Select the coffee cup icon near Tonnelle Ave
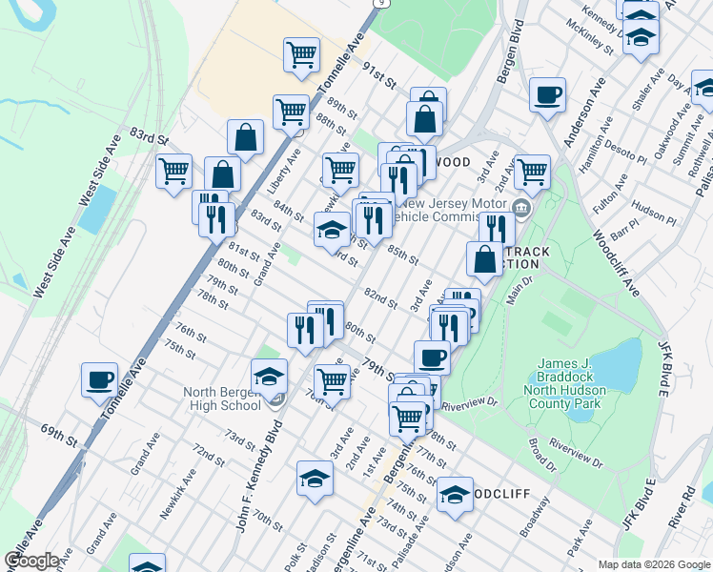(99, 380)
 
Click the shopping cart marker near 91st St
(301, 55)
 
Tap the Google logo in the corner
(31, 561)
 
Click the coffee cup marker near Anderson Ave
(547, 95)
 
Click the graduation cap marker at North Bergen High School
(270, 378)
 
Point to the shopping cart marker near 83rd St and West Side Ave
(173, 173)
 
